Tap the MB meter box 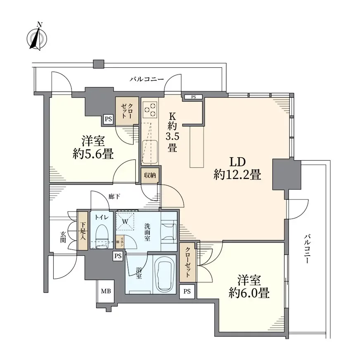click(x=106, y=291)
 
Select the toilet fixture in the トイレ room click(x=102, y=237)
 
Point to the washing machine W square click(x=125, y=222)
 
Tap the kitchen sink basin click(x=150, y=152)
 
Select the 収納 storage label click(x=150, y=175)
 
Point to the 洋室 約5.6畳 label click(x=93, y=148)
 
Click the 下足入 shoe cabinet click(x=83, y=231)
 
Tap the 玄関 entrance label click(x=63, y=237)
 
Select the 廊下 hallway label click(x=114, y=197)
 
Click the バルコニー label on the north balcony click(x=147, y=79)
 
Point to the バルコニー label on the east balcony click(x=308, y=249)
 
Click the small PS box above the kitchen click(x=194, y=97)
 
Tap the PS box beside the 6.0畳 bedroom click(x=187, y=291)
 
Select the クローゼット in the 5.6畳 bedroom click(x=127, y=111)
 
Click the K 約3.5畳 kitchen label click(x=172, y=133)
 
